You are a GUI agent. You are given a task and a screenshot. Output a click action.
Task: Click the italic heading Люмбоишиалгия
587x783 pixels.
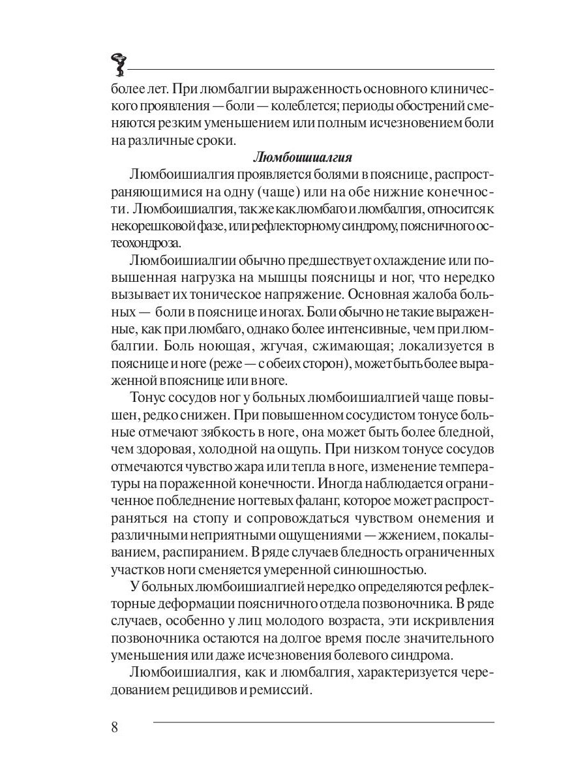302,157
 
